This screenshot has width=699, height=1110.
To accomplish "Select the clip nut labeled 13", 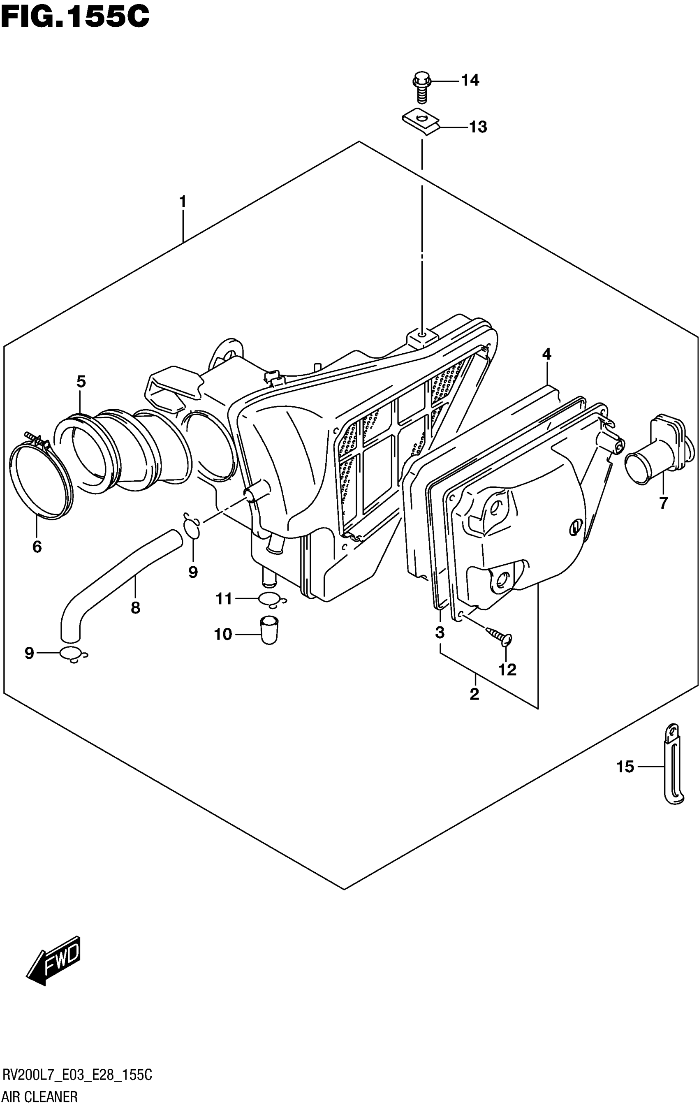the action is coord(420,121).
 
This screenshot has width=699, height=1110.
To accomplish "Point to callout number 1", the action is coord(183,202).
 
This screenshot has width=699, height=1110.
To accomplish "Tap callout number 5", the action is coord(81,381).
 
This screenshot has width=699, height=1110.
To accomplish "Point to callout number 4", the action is coord(546,354).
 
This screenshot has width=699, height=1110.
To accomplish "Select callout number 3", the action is coord(440,633).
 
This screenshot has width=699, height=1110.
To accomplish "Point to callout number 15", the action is coord(625,767).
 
